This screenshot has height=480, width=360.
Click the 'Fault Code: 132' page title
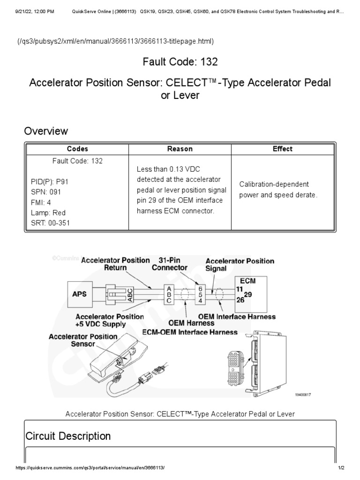pos(180,62)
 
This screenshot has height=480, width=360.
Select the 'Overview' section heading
pos(46,131)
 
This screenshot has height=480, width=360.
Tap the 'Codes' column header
pos(77,149)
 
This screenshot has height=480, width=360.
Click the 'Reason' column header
pos(180,149)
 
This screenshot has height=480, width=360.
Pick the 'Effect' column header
pos(282,149)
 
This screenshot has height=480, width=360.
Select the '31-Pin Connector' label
pos(170,264)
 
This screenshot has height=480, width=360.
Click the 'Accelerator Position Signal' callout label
pos(240,265)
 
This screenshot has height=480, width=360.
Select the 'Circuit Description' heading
pos(68,436)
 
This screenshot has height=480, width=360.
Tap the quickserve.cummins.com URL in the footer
pos(90,468)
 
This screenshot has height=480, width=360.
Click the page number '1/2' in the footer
pos(341,468)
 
